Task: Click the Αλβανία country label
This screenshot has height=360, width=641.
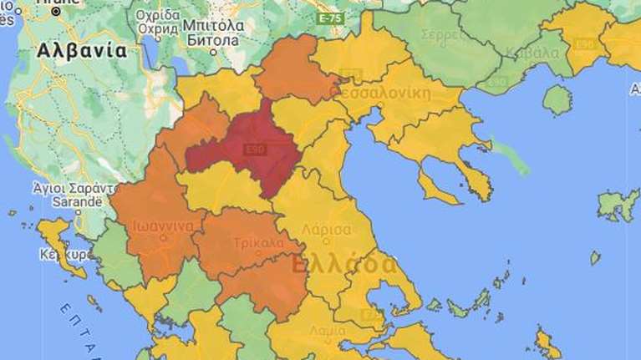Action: [81, 50]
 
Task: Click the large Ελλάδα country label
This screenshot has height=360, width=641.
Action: [343, 265]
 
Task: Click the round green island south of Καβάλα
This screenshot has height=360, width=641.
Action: [557, 99]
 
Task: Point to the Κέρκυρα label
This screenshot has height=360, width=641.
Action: [58, 252]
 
